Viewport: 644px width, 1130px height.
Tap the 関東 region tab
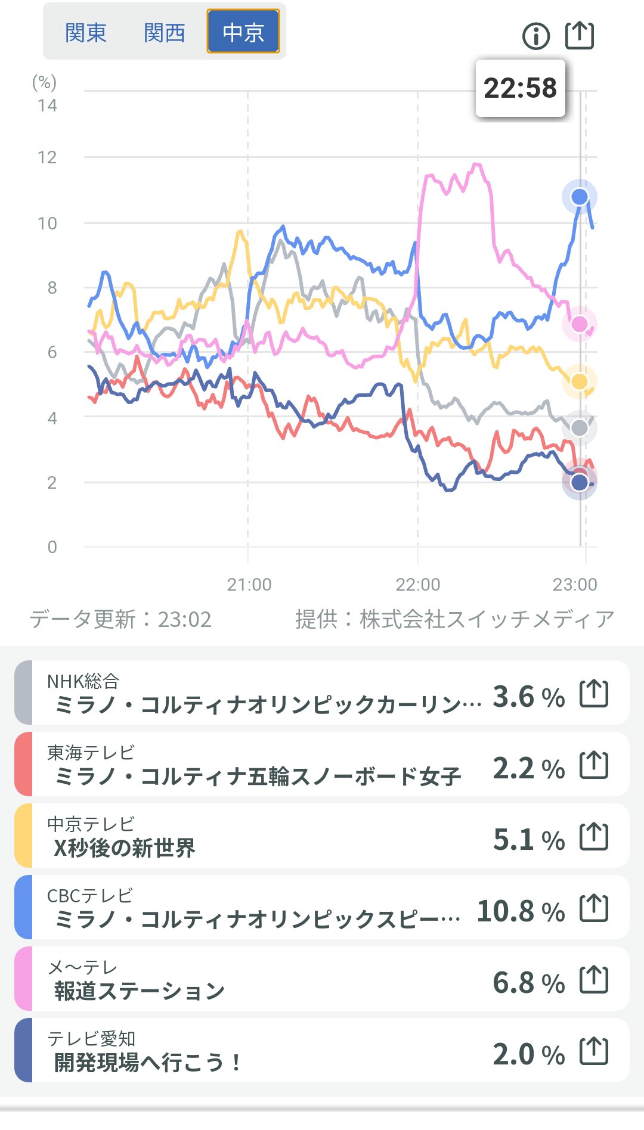tap(85, 32)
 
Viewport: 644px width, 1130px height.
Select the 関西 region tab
tap(164, 32)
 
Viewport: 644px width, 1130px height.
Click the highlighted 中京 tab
tap(243, 32)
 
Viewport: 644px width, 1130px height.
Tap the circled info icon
tap(535, 36)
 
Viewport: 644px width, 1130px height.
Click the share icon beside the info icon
tap(580, 35)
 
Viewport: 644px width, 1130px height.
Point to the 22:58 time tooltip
tap(520, 88)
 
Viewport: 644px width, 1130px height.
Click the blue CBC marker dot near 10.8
tap(580, 197)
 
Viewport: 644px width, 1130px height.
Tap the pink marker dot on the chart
tap(580, 324)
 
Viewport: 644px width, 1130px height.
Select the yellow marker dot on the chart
tap(580, 381)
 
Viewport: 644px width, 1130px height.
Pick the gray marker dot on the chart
tap(580, 427)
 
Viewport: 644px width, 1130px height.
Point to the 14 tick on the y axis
tap(47, 106)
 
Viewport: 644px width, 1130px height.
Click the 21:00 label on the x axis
tap(249, 585)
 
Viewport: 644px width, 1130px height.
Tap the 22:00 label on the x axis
tap(417, 585)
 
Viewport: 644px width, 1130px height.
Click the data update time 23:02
tap(184, 620)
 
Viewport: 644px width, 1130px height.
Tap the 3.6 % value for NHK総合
tap(528, 697)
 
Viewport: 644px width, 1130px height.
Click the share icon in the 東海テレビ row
tap(594, 765)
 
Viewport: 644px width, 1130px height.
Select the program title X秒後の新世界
tap(125, 847)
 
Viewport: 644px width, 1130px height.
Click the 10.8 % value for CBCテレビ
tap(521, 911)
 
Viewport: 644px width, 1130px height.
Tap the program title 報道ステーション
tap(140, 991)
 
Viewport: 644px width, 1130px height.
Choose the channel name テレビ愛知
tap(91, 1038)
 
